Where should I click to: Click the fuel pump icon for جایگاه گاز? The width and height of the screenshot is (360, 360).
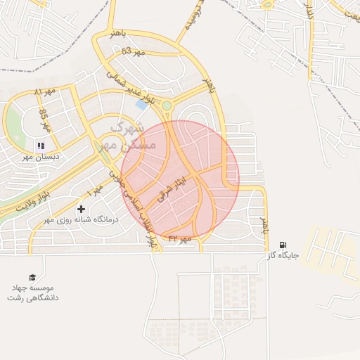(283, 245)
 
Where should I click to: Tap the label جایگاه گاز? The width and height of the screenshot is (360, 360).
(283, 257)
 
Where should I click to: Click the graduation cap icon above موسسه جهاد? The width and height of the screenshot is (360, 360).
(32, 277)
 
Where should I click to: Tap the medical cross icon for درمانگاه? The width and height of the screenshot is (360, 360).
(82, 209)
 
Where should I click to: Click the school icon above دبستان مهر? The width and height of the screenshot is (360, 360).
(40, 146)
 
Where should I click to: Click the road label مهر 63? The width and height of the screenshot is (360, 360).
(132, 51)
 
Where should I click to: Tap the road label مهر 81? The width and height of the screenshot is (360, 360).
(44, 92)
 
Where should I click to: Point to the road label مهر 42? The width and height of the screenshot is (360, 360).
(180, 239)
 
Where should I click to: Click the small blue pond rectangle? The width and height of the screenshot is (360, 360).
(142, 105)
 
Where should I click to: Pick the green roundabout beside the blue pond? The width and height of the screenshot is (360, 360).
(167, 106)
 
